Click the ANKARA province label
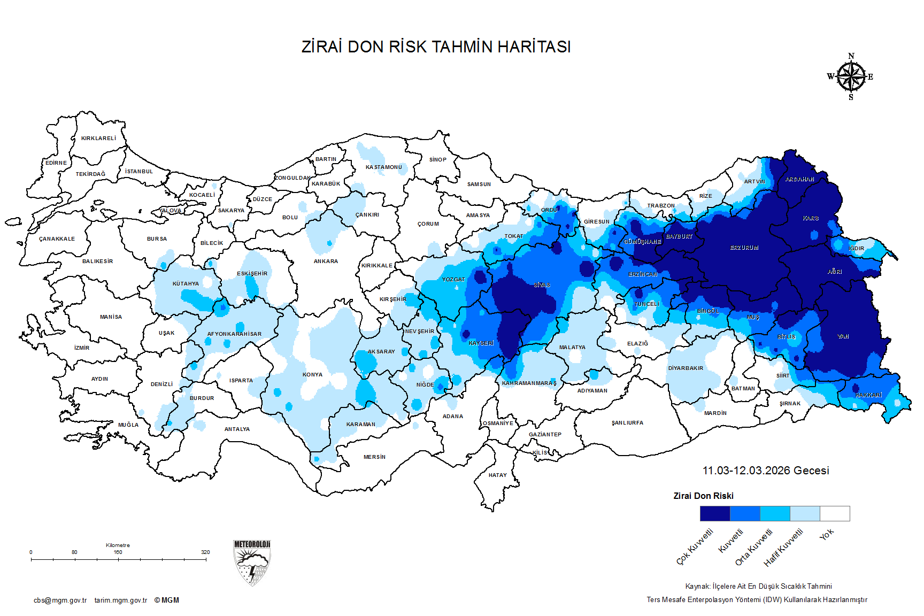326,261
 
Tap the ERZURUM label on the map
744,248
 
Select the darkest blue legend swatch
715,513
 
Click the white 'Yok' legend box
835,513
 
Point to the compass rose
851,77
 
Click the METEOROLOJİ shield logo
252,563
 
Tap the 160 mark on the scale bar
118,552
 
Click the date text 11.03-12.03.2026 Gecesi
765,471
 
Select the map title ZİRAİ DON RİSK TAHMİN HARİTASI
436,47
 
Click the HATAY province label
497,475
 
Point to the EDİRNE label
56,163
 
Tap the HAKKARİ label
868,395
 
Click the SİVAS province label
542,285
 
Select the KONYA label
312,375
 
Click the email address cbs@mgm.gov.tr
60,600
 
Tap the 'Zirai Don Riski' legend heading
703,496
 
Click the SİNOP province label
437,160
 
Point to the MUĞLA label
128,425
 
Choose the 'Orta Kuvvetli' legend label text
754,547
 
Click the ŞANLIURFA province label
627,423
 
